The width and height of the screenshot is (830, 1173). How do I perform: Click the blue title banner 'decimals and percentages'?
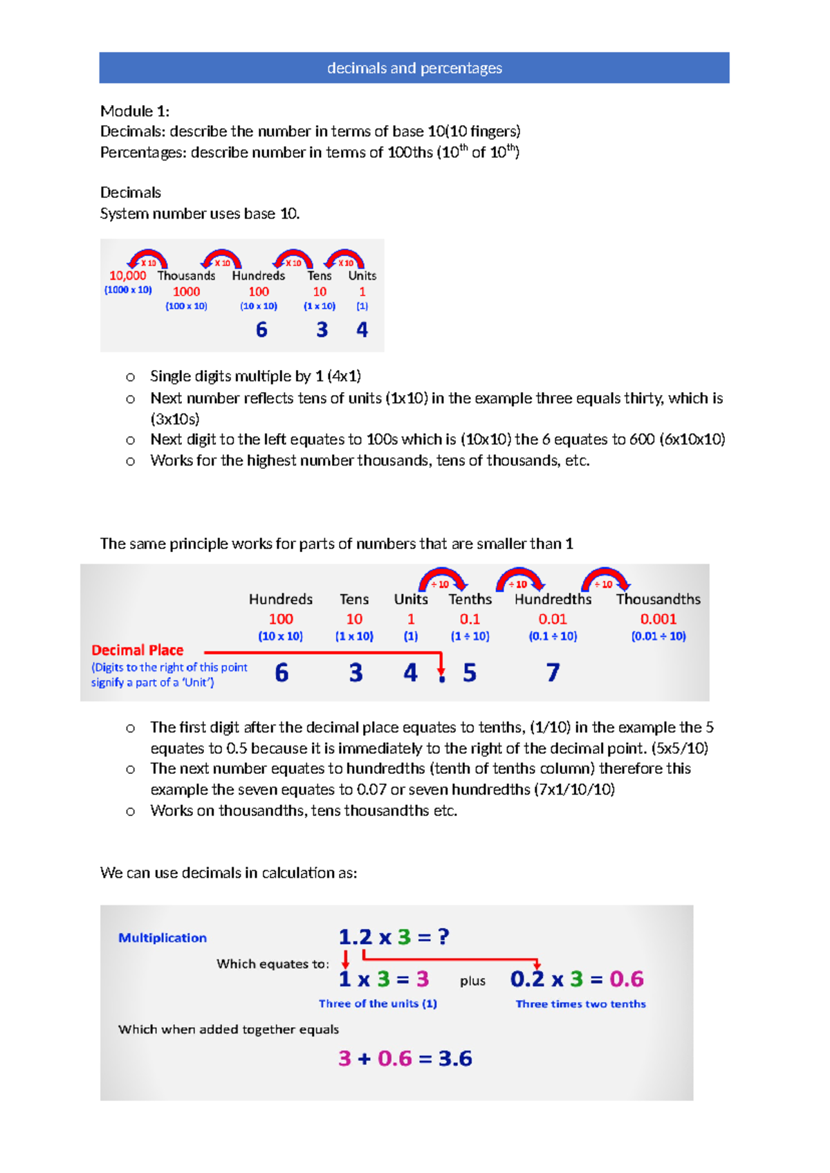[414, 68]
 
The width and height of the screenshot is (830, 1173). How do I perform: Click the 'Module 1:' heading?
[135, 111]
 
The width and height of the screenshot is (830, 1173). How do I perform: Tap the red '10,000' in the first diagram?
[128, 275]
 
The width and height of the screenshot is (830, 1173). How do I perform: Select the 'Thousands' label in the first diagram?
[186, 275]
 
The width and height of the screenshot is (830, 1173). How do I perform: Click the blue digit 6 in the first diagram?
[261, 330]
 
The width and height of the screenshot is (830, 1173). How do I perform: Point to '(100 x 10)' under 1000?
[186, 306]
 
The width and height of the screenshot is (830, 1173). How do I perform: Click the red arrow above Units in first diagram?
[345, 259]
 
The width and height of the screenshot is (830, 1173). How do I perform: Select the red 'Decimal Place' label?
[137, 650]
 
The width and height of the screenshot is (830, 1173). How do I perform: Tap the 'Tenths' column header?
[470, 599]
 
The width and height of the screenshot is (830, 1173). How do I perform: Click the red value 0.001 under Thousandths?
[658, 619]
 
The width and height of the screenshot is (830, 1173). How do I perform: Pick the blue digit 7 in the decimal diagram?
[553, 672]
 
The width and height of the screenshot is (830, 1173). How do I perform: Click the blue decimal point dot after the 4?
[442, 679]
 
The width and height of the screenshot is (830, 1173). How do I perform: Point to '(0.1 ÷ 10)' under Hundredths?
[553, 636]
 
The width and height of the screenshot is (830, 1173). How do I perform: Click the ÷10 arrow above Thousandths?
[605, 580]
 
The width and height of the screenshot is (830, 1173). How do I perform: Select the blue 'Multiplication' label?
[163, 938]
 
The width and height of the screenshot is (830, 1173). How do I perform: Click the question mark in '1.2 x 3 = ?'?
[443, 936]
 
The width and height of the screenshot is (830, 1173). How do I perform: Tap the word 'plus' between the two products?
[472, 981]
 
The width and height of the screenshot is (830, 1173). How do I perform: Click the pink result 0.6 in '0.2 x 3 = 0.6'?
[626, 979]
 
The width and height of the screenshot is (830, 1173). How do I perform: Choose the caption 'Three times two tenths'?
[580, 1004]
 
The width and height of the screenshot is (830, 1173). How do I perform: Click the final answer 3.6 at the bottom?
[455, 1058]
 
